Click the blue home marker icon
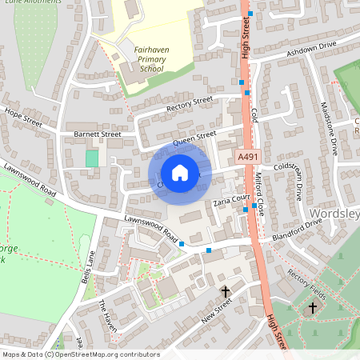[x=180, y=173]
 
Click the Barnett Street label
[x=97, y=134]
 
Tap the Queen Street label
[x=194, y=139]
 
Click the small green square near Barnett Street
[x=92, y=158]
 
